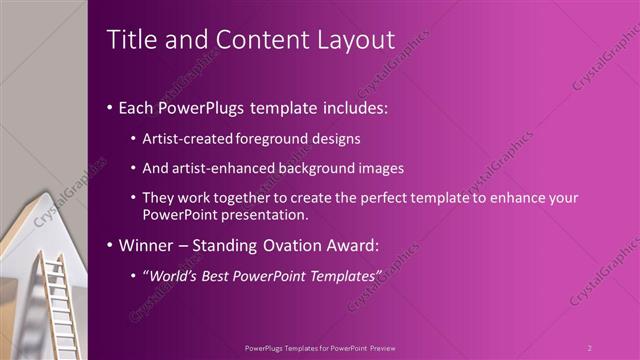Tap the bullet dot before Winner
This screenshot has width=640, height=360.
coord(109,245)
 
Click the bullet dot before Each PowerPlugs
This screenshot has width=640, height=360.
coord(109,107)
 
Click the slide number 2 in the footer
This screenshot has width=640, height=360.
coord(589,348)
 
